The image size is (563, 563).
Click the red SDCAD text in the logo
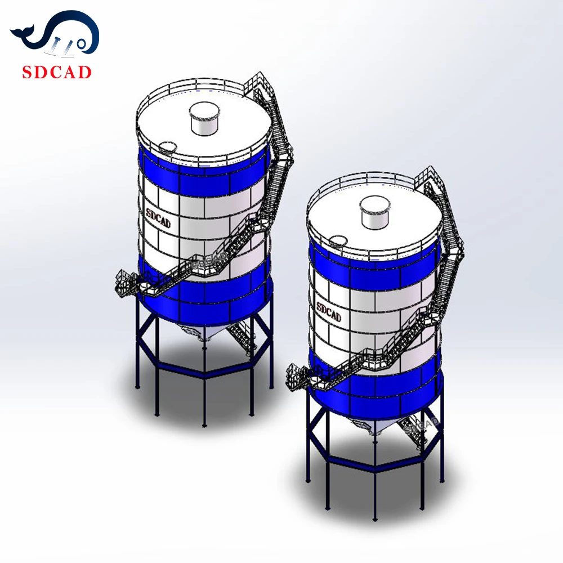[56, 72]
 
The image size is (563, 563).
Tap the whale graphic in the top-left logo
[55, 35]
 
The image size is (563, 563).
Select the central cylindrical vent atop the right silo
[374, 212]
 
